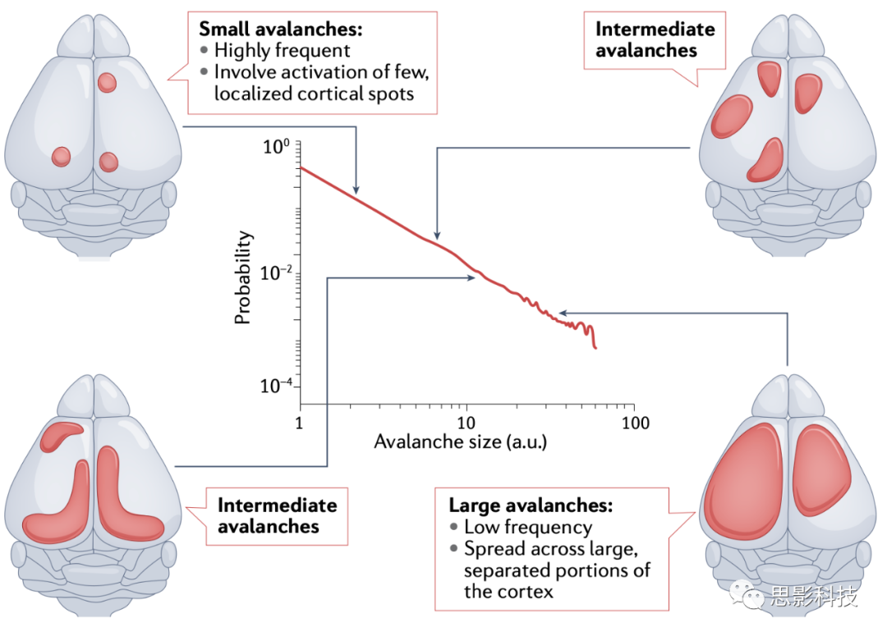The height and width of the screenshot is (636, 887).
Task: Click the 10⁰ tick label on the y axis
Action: coord(275,149)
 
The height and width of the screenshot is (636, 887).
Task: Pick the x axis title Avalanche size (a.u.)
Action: coord(461,442)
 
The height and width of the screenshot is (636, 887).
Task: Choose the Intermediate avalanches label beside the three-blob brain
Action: coord(655,39)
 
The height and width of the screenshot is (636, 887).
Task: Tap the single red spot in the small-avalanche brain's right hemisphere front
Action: coord(108,82)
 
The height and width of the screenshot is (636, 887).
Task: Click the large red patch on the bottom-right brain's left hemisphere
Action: coord(743,484)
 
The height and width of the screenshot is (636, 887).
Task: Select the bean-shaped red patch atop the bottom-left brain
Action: coord(62,435)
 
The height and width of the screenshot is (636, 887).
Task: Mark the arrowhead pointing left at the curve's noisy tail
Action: coord(562,313)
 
